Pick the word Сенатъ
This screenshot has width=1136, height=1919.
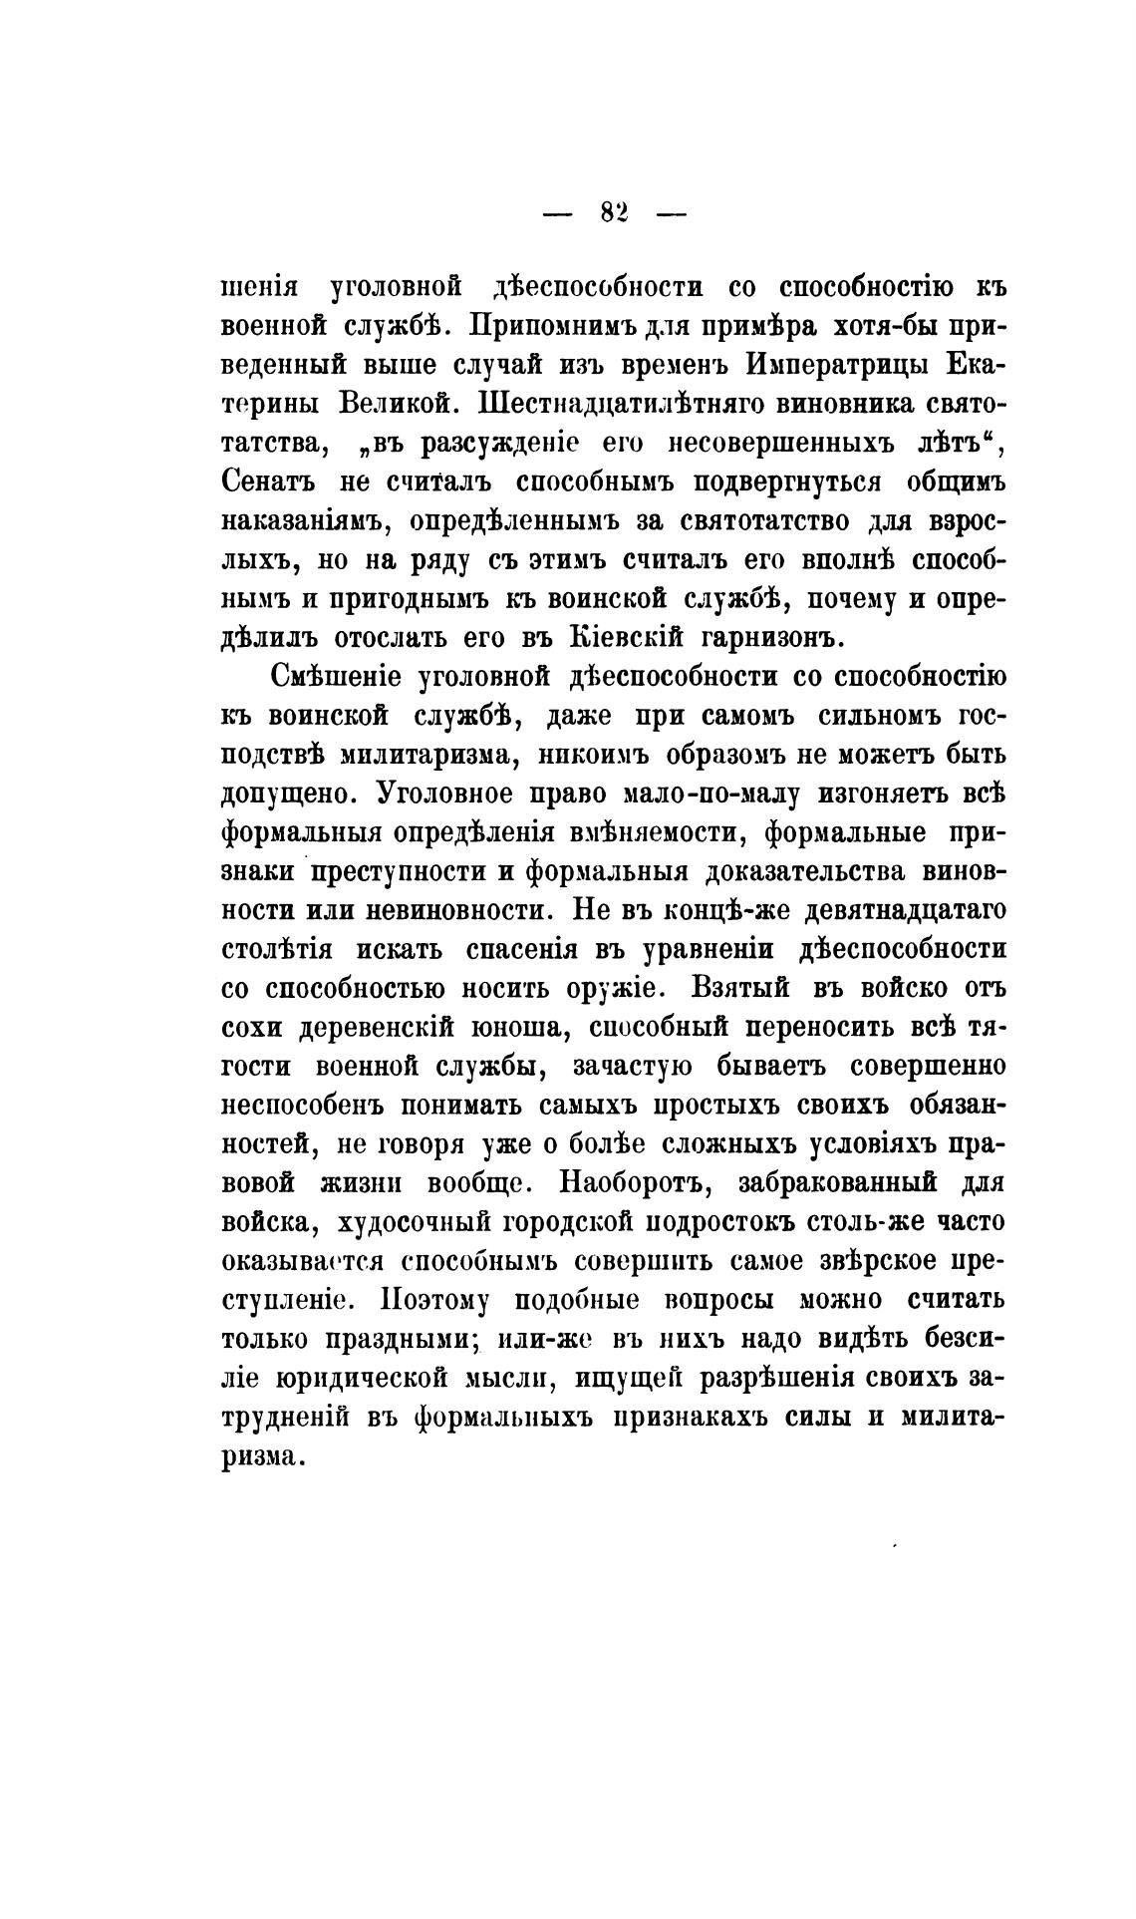pos(267,481)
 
